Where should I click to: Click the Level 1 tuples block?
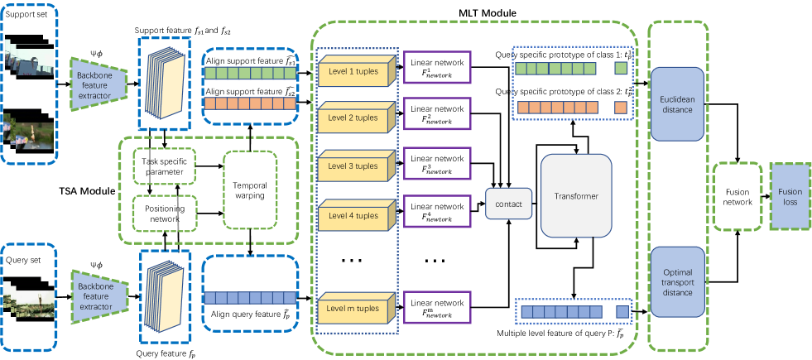[353, 72]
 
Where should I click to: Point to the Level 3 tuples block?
[353, 166]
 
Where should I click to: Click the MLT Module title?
[488, 13]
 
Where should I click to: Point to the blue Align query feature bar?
[248, 297]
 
